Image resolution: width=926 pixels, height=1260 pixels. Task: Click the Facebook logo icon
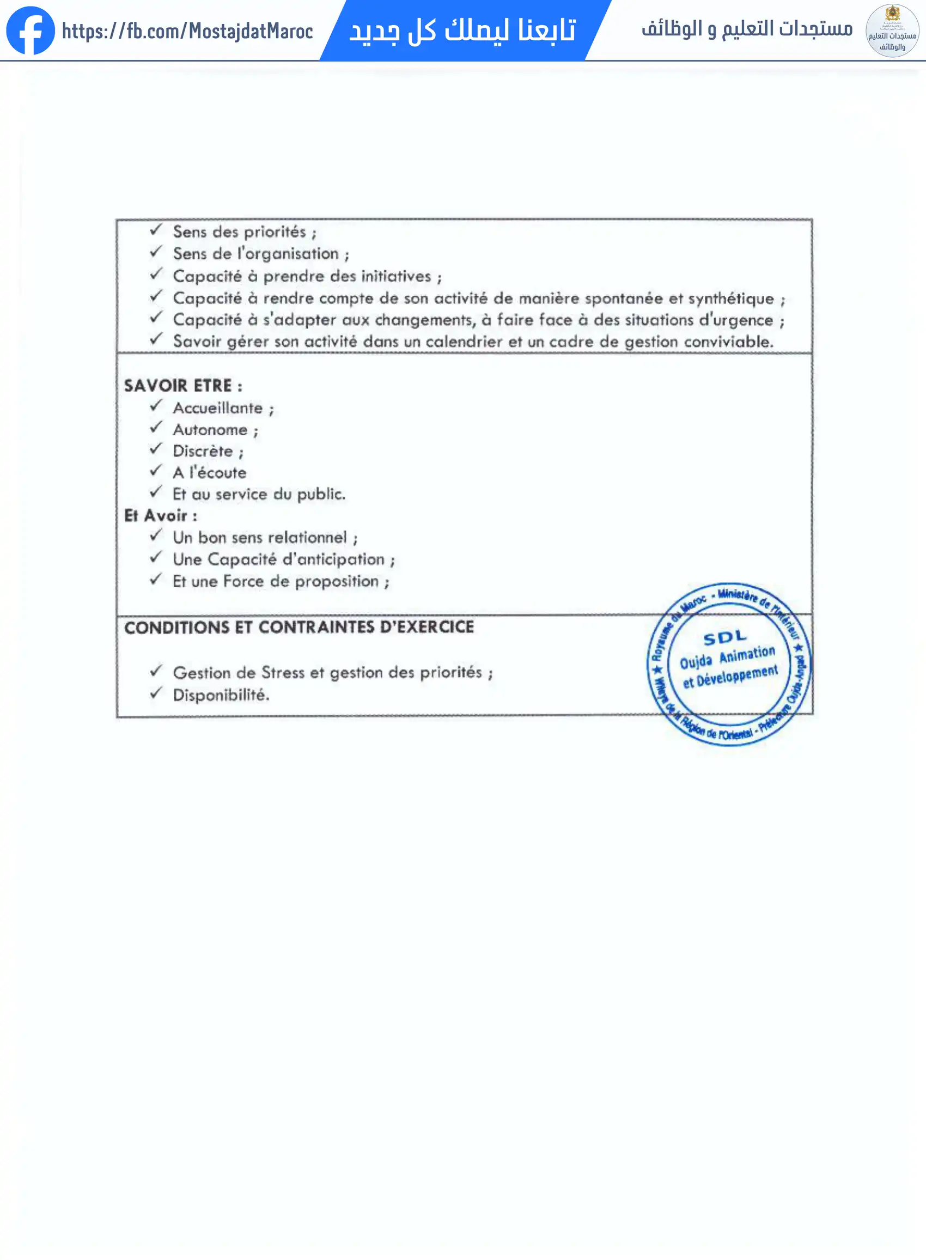click(31, 31)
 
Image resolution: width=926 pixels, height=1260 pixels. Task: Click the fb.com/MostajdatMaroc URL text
click(187, 32)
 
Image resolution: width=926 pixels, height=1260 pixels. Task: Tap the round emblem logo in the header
click(892, 31)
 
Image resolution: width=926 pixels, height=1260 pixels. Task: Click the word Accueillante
click(217, 408)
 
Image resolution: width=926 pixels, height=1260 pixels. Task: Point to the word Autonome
click(210, 430)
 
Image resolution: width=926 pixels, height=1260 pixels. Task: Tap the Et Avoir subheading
click(160, 516)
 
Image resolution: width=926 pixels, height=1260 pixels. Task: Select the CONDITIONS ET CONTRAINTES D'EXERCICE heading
click(298, 627)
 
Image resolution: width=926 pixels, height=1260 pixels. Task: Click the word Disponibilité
click(221, 695)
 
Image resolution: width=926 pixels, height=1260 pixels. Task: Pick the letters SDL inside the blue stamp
click(725, 638)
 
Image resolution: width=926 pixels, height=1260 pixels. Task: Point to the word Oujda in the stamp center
click(696, 662)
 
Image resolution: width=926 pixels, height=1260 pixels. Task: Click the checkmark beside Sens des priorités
click(156, 230)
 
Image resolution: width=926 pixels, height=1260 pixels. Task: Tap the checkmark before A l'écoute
click(156, 471)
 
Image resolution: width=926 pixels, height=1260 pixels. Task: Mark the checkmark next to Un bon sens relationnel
click(156, 536)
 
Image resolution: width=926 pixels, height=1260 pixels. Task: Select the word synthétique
click(730, 299)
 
